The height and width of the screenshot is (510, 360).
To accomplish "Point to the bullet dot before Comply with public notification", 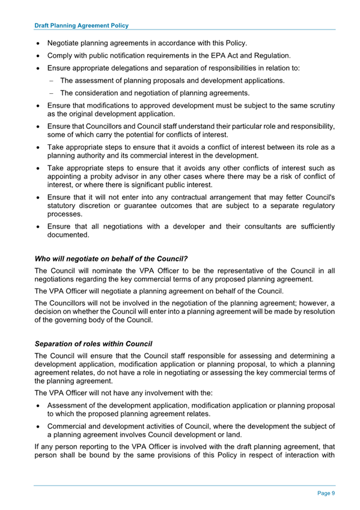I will [x=39, y=55].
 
